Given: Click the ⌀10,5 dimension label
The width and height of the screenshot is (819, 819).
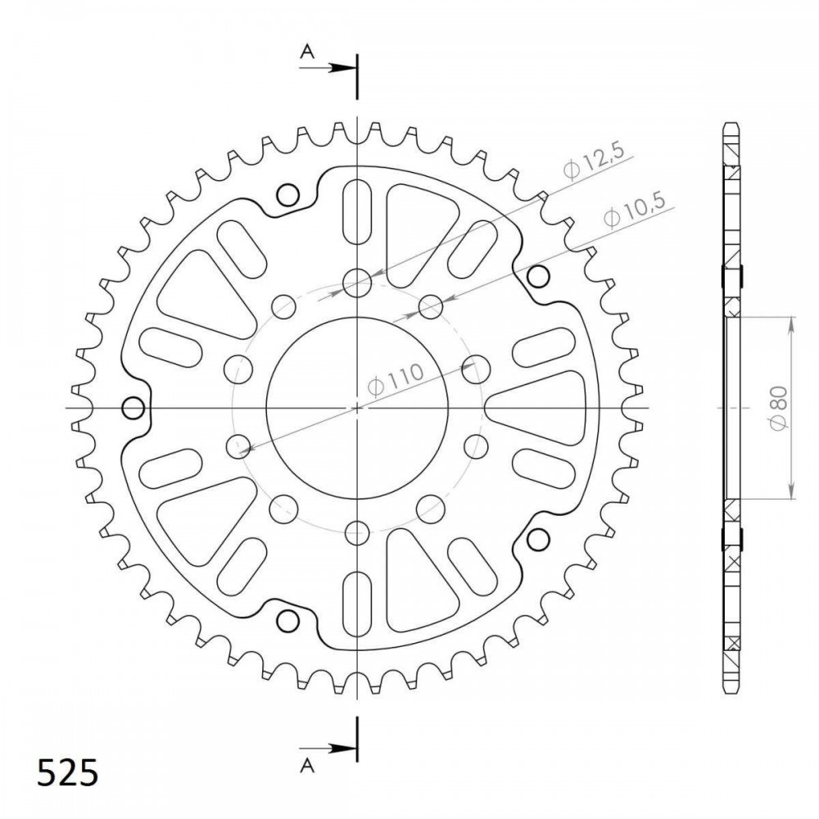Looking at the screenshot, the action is [634, 210].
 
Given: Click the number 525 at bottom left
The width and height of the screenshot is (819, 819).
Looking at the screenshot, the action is [67, 772].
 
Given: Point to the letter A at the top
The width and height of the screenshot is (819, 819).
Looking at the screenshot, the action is [308, 52].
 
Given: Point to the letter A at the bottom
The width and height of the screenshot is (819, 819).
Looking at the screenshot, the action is [308, 766].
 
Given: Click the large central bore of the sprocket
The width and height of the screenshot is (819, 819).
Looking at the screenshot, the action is [357, 408].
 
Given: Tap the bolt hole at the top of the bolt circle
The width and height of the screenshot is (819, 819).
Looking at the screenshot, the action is [357, 283].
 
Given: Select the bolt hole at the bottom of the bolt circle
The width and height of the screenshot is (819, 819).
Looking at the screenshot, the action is [357, 533].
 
